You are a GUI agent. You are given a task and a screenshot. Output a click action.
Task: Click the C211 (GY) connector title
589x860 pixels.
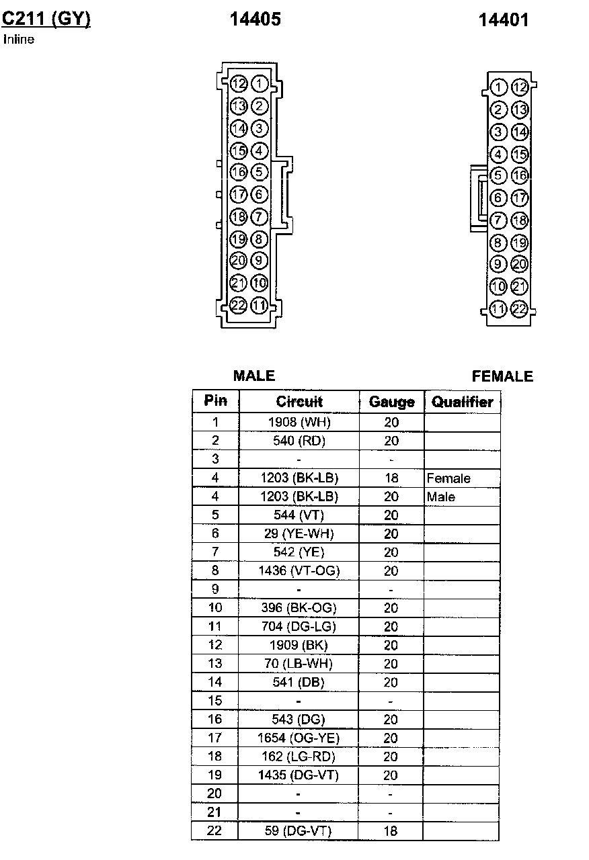click(x=46, y=19)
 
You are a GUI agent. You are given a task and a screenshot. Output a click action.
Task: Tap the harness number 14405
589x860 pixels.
click(x=255, y=20)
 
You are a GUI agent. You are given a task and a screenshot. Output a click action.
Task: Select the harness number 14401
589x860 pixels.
click(x=504, y=20)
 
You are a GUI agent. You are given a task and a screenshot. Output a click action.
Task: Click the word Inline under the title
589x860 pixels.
click(x=19, y=39)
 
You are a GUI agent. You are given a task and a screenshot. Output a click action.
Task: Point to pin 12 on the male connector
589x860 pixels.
click(x=239, y=84)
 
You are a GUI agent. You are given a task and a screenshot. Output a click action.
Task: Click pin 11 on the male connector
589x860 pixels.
click(x=260, y=306)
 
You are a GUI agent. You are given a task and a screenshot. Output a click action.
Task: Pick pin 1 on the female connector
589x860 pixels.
click(x=498, y=87)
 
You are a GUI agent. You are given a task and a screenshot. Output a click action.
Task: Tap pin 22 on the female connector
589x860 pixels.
click(x=519, y=309)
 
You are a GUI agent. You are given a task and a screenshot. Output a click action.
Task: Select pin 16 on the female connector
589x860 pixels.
click(x=519, y=176)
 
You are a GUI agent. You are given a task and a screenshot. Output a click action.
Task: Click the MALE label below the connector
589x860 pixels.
click(x=254, y=376)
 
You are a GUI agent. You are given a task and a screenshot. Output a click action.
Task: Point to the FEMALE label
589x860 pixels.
click(x=502, y=376)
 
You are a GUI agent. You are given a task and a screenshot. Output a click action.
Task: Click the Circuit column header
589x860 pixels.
click(x=299, y=402)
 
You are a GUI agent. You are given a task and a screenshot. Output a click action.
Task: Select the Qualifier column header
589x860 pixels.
click(x=462, y=402)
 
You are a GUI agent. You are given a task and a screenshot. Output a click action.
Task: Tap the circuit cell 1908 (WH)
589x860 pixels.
click(x=299, y=423)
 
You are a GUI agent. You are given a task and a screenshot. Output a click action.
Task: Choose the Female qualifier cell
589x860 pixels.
click(x=448, y=478)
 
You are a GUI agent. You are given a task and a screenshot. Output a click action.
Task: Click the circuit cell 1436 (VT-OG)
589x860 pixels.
click(x=299, y=571)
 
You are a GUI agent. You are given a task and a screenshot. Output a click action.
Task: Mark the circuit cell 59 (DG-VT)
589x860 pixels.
click(x=299, y=831)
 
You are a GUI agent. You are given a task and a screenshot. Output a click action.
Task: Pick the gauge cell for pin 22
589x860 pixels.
click(x=391, y=831)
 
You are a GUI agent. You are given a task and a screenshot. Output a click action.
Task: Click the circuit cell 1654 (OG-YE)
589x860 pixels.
click(x=299, y=738)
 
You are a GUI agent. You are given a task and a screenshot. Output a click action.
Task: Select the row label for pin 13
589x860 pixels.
click(x=215, y=664)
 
